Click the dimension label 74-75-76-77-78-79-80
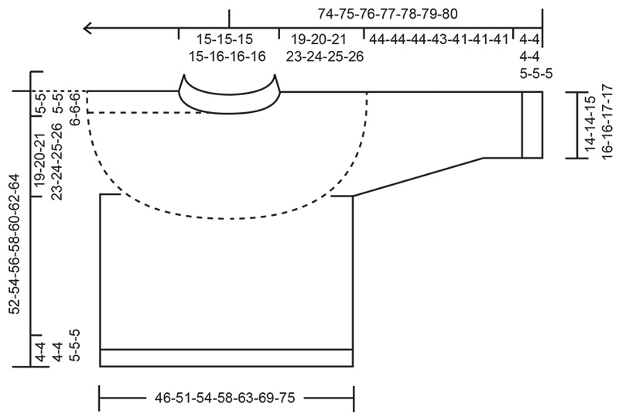pyautogui.click(x=388, y=14)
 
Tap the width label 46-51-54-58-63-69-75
pyautogui.click(x=224, y=398)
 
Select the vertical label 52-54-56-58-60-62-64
pyautogui.click(x=14, y=244)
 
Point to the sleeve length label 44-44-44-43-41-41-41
pyautogui.click(x=439, y=39)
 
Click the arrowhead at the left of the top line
pyautogui.click(x=87, y=28)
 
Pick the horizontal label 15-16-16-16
pyautogui.click(x=227, y=56)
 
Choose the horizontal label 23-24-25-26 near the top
pyautogui.click(x=324, y=56)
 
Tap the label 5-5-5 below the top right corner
pyautogui.click(x=536, y=73)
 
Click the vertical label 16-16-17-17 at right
pyautogui.click(x=607, y=121)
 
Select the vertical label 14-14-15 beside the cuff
pyautogui.click(x=590, y=123)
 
